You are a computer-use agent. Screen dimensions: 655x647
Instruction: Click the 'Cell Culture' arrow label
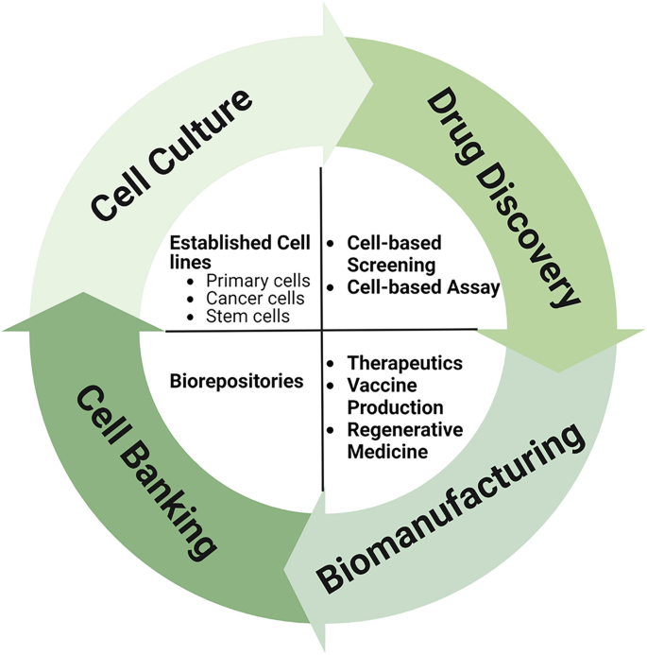172,154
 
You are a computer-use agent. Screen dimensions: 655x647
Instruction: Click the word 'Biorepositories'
236,382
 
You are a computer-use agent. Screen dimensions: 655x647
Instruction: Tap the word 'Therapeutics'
404,363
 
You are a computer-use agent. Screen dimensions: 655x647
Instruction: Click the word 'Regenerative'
405,430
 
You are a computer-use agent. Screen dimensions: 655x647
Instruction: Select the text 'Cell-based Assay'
422,287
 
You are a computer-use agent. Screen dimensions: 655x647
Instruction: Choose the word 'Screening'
390,265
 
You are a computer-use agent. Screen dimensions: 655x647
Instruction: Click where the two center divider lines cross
322,330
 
